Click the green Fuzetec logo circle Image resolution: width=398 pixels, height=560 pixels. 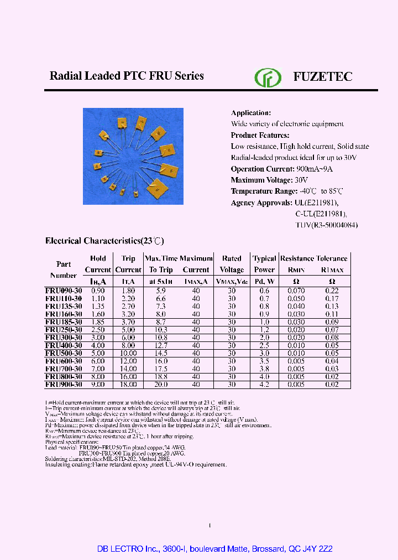pos(268,77)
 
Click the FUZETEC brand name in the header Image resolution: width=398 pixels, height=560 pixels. pos(322,77)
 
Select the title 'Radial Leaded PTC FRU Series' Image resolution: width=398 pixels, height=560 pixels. pos(127,76)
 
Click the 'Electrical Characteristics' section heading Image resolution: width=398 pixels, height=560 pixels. pos(104,241)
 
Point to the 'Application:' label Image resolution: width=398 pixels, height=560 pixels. pos(250,113)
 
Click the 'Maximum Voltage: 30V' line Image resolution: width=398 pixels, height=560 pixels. pos(269,180)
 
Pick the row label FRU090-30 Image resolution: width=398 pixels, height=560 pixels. pos(64,291)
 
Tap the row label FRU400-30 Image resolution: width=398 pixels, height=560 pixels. pos(64,345)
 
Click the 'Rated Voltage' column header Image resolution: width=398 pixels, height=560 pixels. pos(232,264)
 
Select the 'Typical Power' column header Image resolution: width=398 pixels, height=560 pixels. pos(264,264)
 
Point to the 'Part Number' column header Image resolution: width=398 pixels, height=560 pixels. pos(64,269)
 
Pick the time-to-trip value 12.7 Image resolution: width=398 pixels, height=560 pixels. pos(161,345)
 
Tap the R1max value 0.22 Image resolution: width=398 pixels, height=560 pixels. pos(332,291)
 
